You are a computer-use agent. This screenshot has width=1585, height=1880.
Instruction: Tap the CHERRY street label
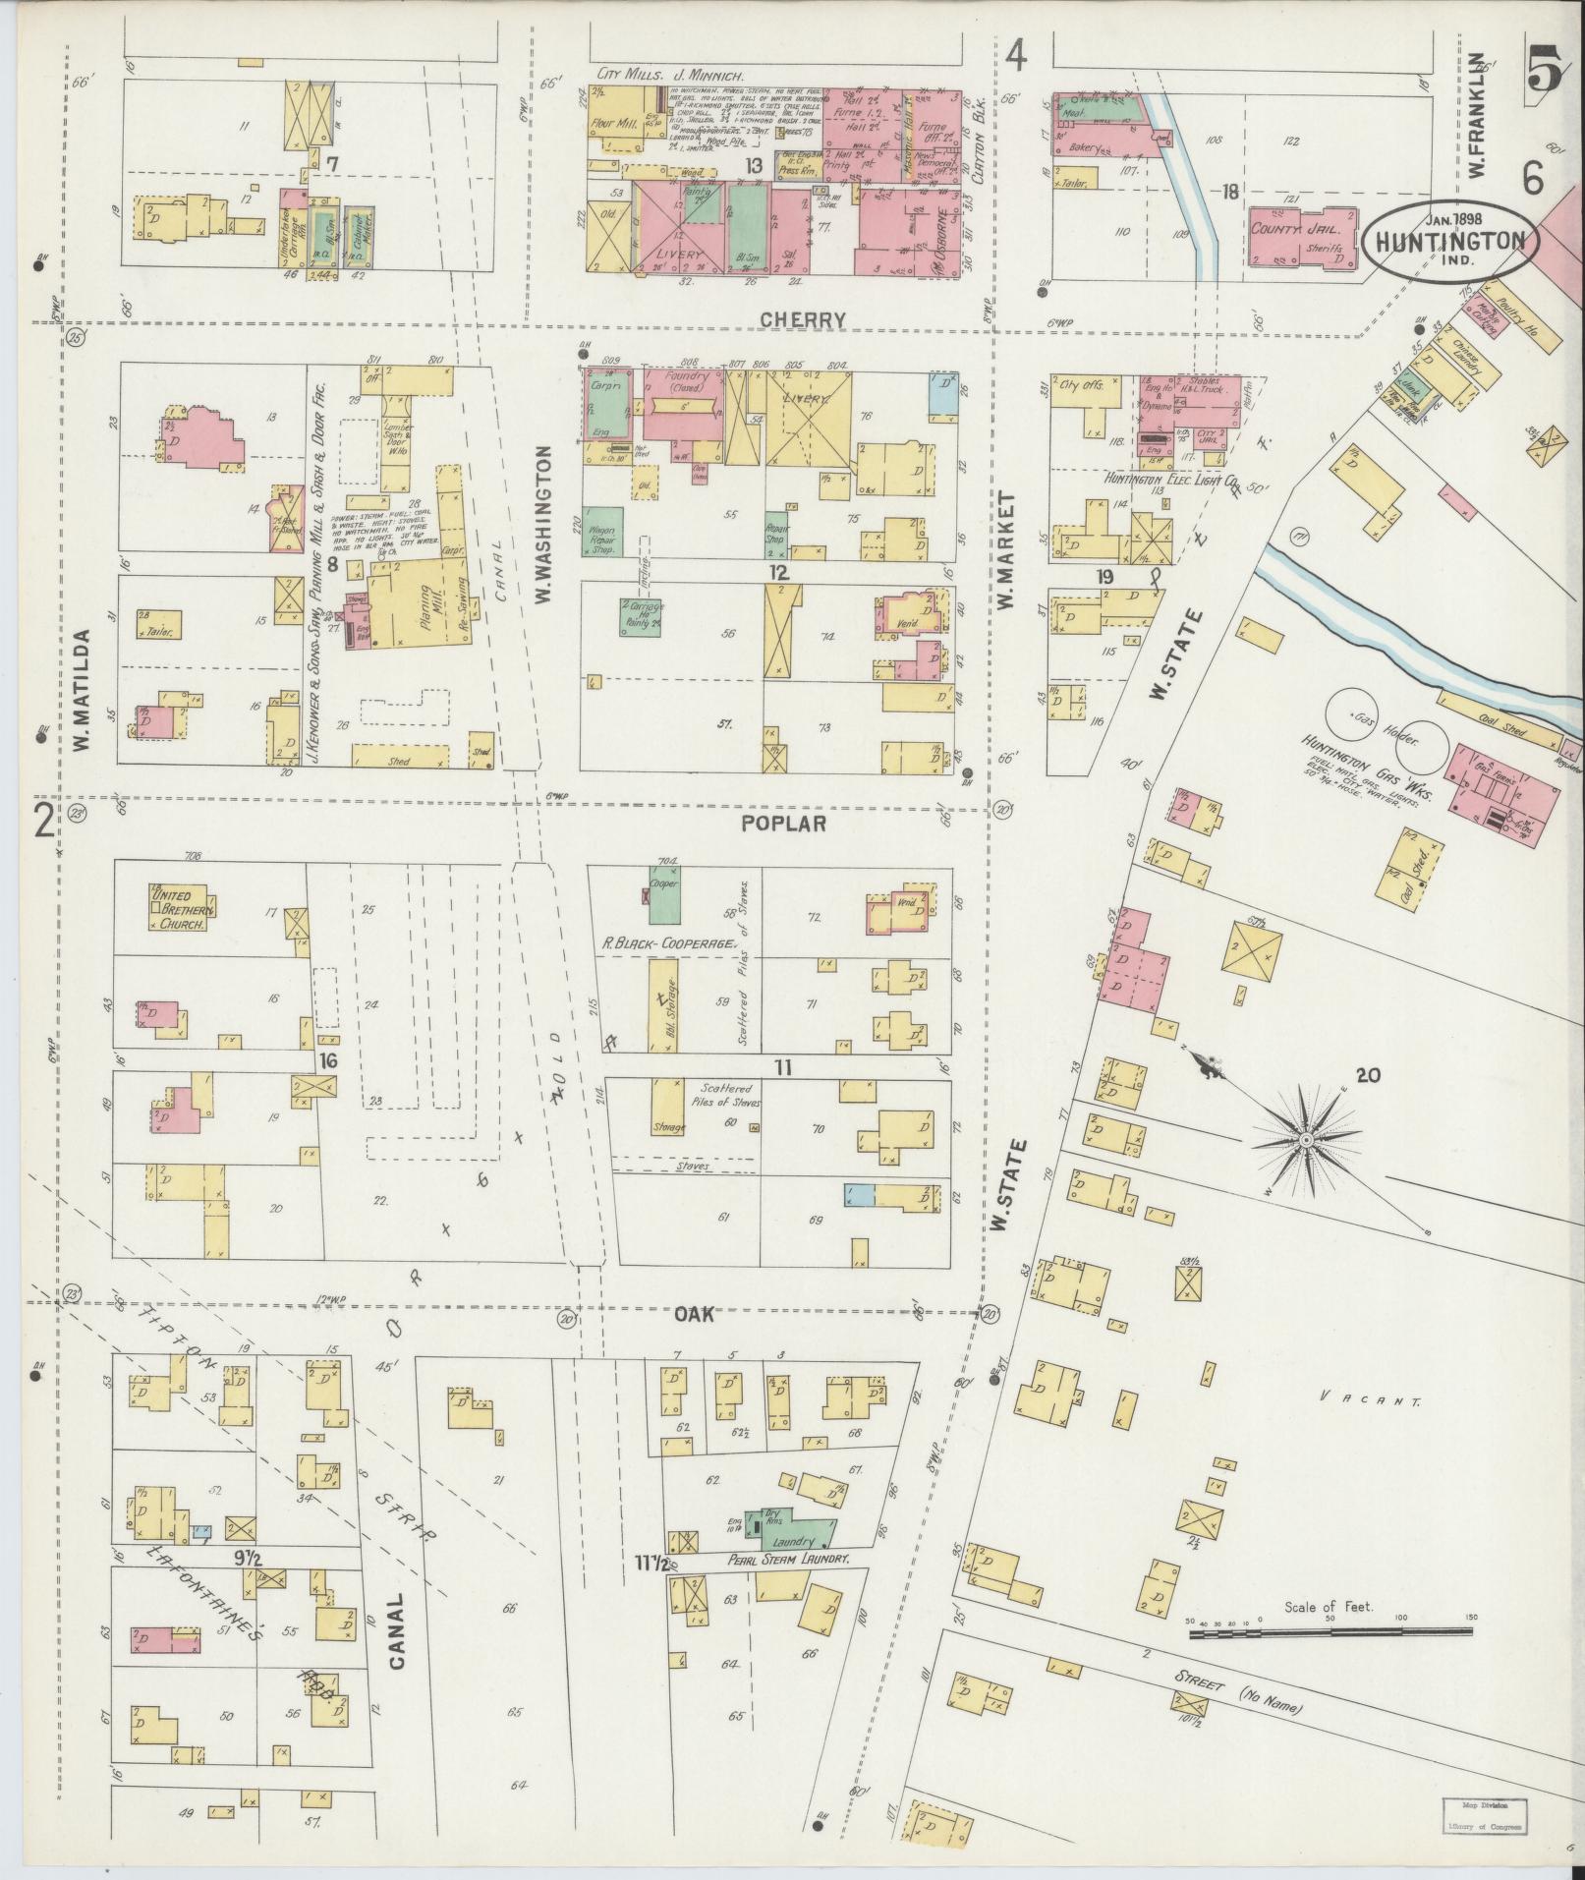(x=816, y=319)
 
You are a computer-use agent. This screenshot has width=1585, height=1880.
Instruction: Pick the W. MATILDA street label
(x=83, y=691)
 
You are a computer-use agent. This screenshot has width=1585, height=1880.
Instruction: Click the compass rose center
(x=1306, y=1140)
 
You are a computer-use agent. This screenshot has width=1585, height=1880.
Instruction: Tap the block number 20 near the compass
(x=1367, y=1075)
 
